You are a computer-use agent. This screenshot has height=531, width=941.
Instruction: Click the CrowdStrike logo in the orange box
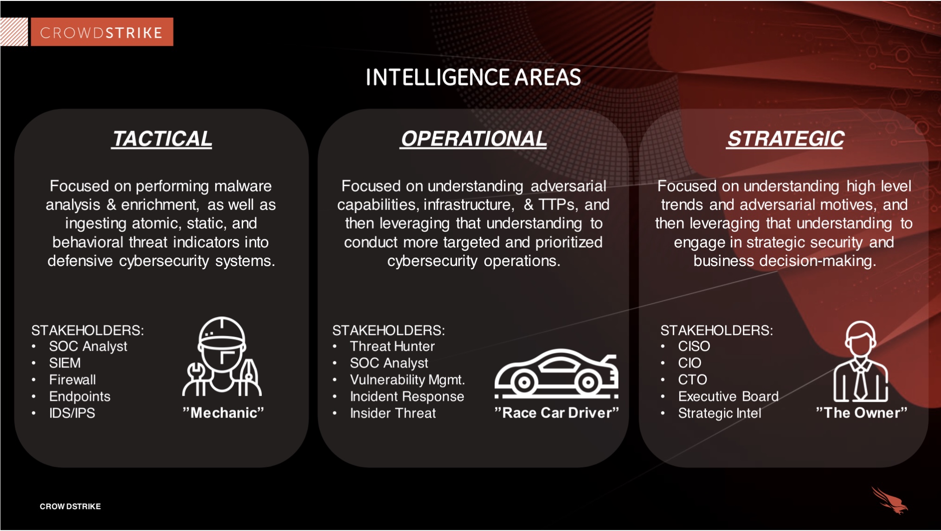pos(102,32)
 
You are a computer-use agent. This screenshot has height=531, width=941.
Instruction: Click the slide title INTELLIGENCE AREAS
pos(473,77)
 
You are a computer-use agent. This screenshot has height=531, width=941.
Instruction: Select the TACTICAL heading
pos(162,139)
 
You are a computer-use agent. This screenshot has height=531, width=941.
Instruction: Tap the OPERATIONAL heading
pos(473,139)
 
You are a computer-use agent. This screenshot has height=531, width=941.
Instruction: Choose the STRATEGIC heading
pos(786,139)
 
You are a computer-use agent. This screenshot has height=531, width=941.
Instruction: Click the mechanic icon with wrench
pos(222,356)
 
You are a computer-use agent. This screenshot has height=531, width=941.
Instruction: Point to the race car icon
pos(556,373)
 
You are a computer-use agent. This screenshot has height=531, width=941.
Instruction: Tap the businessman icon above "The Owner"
pos(861,361)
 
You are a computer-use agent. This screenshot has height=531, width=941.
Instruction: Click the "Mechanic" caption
pos(223,412)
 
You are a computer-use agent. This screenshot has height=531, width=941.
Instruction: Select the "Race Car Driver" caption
pos(557,412)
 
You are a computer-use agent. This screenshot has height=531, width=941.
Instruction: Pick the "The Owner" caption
pos(862,412)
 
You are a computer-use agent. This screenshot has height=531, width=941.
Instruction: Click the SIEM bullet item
pos(64,363)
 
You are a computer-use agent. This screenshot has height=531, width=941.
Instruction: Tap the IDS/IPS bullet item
pos(72,413)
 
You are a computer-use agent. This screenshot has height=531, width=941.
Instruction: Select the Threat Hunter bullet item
pos(392,346)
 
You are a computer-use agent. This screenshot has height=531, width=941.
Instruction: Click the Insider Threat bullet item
pos(393,413)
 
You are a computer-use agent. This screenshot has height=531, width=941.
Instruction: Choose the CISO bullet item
pos(694,346)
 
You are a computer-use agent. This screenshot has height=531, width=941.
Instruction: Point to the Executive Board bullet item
pos(728,396)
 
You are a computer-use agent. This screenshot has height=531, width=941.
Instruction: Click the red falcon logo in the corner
pos(889,500)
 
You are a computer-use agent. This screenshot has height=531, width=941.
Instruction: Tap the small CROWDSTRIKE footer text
pos(70,506)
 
